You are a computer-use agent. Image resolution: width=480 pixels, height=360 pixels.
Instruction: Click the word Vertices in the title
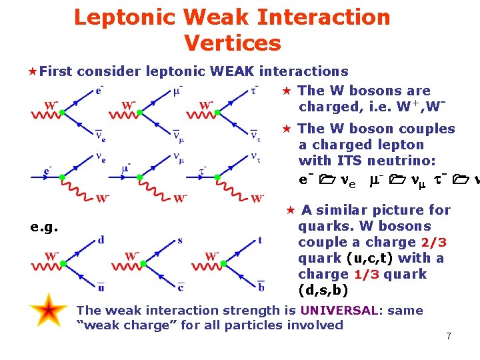(232, 43)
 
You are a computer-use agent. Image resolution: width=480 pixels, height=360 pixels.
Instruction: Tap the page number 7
(449, 336)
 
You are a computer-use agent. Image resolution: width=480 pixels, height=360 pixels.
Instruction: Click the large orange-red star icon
(48, 311)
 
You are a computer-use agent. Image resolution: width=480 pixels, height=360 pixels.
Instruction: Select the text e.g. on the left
(44, 227)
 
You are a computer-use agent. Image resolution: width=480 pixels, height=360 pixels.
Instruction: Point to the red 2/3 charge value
(433, 242)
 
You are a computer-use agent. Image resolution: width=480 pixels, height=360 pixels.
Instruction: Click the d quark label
(101, 239)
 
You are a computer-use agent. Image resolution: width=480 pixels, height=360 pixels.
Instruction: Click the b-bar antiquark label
(260, 286)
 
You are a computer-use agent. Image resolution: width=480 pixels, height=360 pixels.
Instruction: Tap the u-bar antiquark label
(101, 287)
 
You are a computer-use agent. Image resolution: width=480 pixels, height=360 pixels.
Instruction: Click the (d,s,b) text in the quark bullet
(323, 291)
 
